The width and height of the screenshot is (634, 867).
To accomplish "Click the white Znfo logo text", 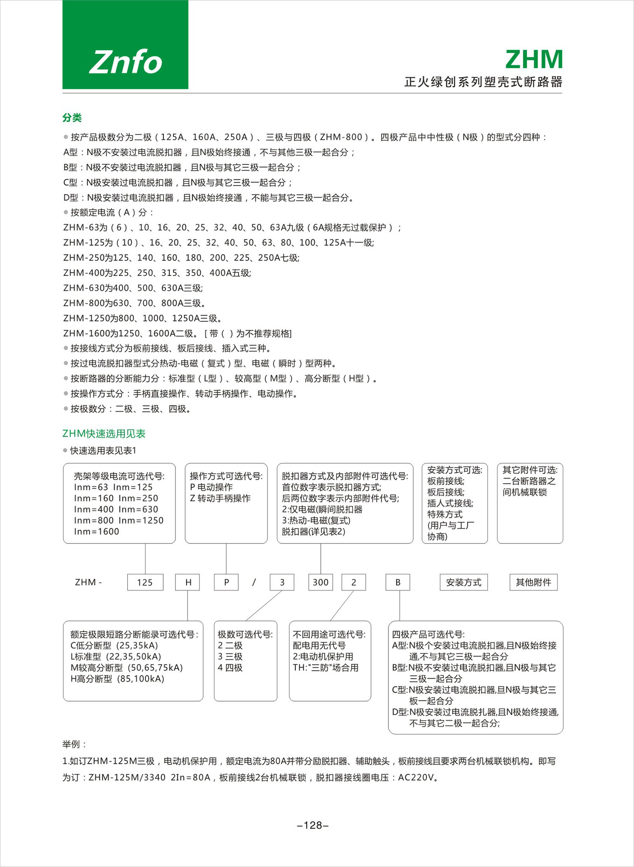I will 126,62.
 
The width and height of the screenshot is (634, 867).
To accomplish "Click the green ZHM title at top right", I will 534,59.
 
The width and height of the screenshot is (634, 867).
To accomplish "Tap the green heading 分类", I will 72,118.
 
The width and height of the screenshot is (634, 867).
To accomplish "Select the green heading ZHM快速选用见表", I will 104,433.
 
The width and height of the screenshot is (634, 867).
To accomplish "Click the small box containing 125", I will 145,582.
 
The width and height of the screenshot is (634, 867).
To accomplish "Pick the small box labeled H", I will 188,582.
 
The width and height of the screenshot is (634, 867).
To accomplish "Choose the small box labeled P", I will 227,582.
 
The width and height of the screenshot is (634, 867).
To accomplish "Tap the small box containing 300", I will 320,582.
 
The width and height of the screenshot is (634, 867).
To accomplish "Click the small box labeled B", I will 398,582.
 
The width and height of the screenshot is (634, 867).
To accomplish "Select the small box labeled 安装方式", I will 464,582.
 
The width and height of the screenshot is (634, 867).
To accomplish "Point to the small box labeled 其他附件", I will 533,582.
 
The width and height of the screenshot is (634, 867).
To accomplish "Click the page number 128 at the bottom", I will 313,825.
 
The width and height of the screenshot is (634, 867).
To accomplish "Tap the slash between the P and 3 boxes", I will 254,582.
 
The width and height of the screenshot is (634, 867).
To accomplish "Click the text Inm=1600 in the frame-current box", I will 96,532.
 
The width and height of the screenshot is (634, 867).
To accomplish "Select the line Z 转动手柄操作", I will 220,498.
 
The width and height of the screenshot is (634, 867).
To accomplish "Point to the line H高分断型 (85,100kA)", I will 118,679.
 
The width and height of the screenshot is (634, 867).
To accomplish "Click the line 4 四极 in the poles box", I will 230,668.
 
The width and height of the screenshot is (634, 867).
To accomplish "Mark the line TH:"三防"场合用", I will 325,668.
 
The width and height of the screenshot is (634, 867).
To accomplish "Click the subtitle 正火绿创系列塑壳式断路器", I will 483,82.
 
